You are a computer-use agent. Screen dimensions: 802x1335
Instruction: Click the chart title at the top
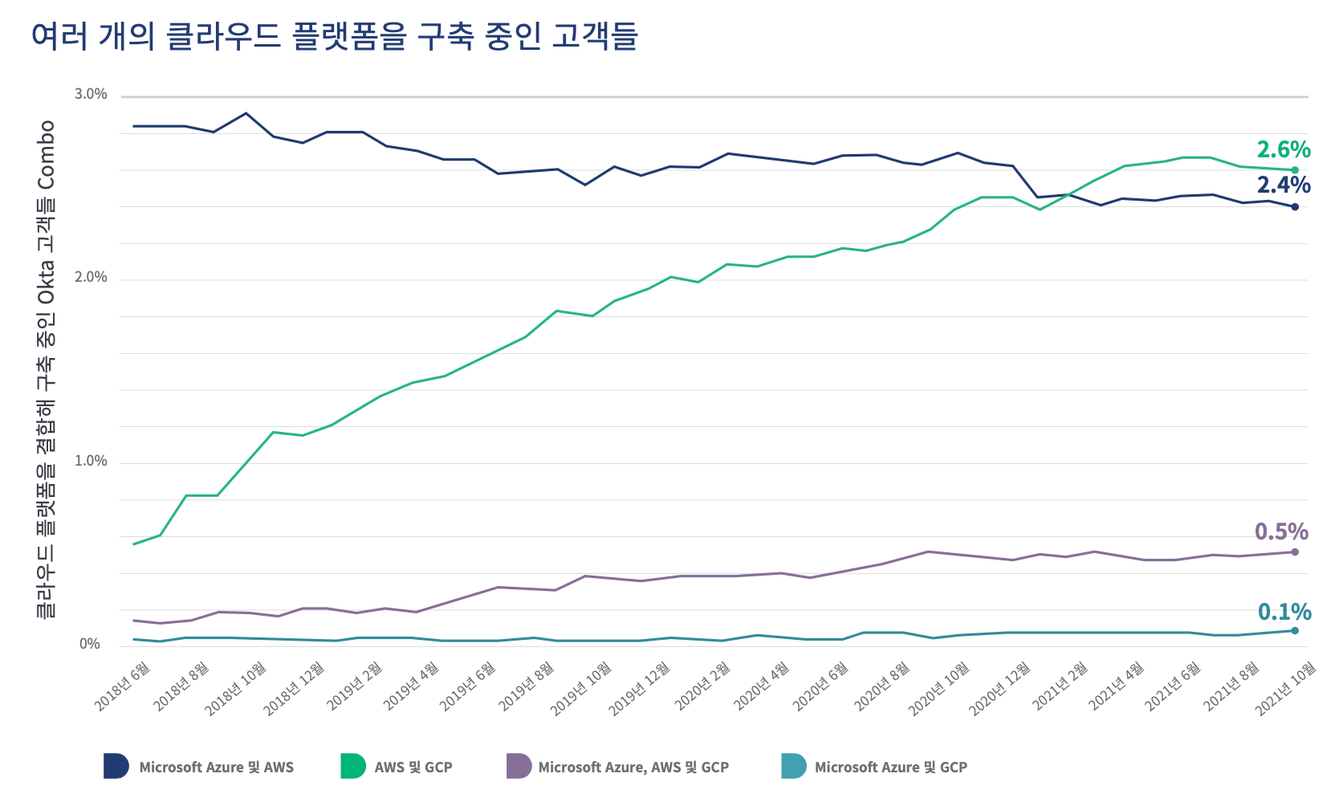pos(334,37)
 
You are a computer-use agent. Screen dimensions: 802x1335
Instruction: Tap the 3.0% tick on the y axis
pos(91,95)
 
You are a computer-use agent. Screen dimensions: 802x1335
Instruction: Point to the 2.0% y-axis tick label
pos(91,278)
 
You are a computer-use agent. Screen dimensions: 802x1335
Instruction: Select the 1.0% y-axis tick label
pos(91,462)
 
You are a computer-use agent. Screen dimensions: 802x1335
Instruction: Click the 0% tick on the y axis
pos(90,645)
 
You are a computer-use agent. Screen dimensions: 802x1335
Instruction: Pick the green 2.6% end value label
pos(1283,149)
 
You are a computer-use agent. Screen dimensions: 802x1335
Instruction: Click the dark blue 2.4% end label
pos(1283,185)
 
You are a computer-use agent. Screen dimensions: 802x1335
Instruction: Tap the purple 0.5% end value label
pos(1281,531)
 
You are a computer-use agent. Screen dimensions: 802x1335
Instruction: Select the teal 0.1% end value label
pos(1284,612)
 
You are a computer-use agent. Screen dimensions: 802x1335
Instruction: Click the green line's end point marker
pos(1295,170)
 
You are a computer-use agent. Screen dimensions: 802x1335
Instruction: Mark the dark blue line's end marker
pos(1295,207)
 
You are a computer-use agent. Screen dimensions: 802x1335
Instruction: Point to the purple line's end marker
pos(1295,552)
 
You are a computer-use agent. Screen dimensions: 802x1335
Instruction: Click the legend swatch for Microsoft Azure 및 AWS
pos(116,767)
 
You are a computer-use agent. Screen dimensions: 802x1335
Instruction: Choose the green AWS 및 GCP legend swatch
pos(353,767)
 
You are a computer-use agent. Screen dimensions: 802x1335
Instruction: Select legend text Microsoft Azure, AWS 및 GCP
pos(633,767)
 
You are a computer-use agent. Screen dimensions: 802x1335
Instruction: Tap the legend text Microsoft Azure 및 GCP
pos(890,767)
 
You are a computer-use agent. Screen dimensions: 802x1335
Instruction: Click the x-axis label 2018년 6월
pos(123,686)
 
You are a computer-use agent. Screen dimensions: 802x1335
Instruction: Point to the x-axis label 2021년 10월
pos(1286,688)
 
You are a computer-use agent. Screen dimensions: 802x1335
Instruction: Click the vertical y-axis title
pos(47,369)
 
